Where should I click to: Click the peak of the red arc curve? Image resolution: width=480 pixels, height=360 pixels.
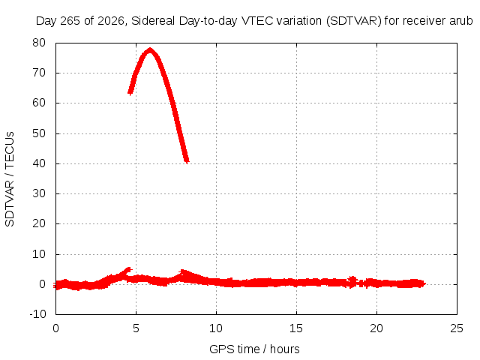[x=150, y=50]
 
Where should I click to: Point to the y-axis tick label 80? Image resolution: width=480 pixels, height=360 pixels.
[x=39, y=43]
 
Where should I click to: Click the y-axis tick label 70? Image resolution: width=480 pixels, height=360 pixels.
[x=39, y=73]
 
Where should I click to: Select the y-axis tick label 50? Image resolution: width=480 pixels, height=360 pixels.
[x=39, y=133]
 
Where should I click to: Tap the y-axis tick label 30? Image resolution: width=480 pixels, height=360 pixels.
[x=39, y=193]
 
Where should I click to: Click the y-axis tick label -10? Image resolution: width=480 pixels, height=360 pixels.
[x=37, y=314]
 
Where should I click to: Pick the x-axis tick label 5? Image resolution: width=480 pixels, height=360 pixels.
[x=136, y=328]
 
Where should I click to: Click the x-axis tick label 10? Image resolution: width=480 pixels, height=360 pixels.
[x=216, y=328]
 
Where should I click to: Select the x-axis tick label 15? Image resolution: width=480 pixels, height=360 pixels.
[x=296, y=328]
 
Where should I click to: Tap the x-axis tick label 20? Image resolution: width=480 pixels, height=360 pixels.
[x=376, y=328]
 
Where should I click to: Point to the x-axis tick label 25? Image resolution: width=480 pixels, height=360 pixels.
[x=457, y=328]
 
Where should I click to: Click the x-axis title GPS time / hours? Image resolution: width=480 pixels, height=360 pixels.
[x=254, y=349]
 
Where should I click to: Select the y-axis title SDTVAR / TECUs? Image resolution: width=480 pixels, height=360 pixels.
[x=10, y=179]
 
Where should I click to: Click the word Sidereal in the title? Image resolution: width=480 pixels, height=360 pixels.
[x=153, y=21]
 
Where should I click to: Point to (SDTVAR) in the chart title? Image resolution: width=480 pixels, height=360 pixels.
[x=353, y=21]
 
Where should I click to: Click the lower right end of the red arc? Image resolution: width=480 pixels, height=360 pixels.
[x=187, y=161]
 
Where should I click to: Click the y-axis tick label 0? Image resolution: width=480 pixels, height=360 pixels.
[x=43, y=284]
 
